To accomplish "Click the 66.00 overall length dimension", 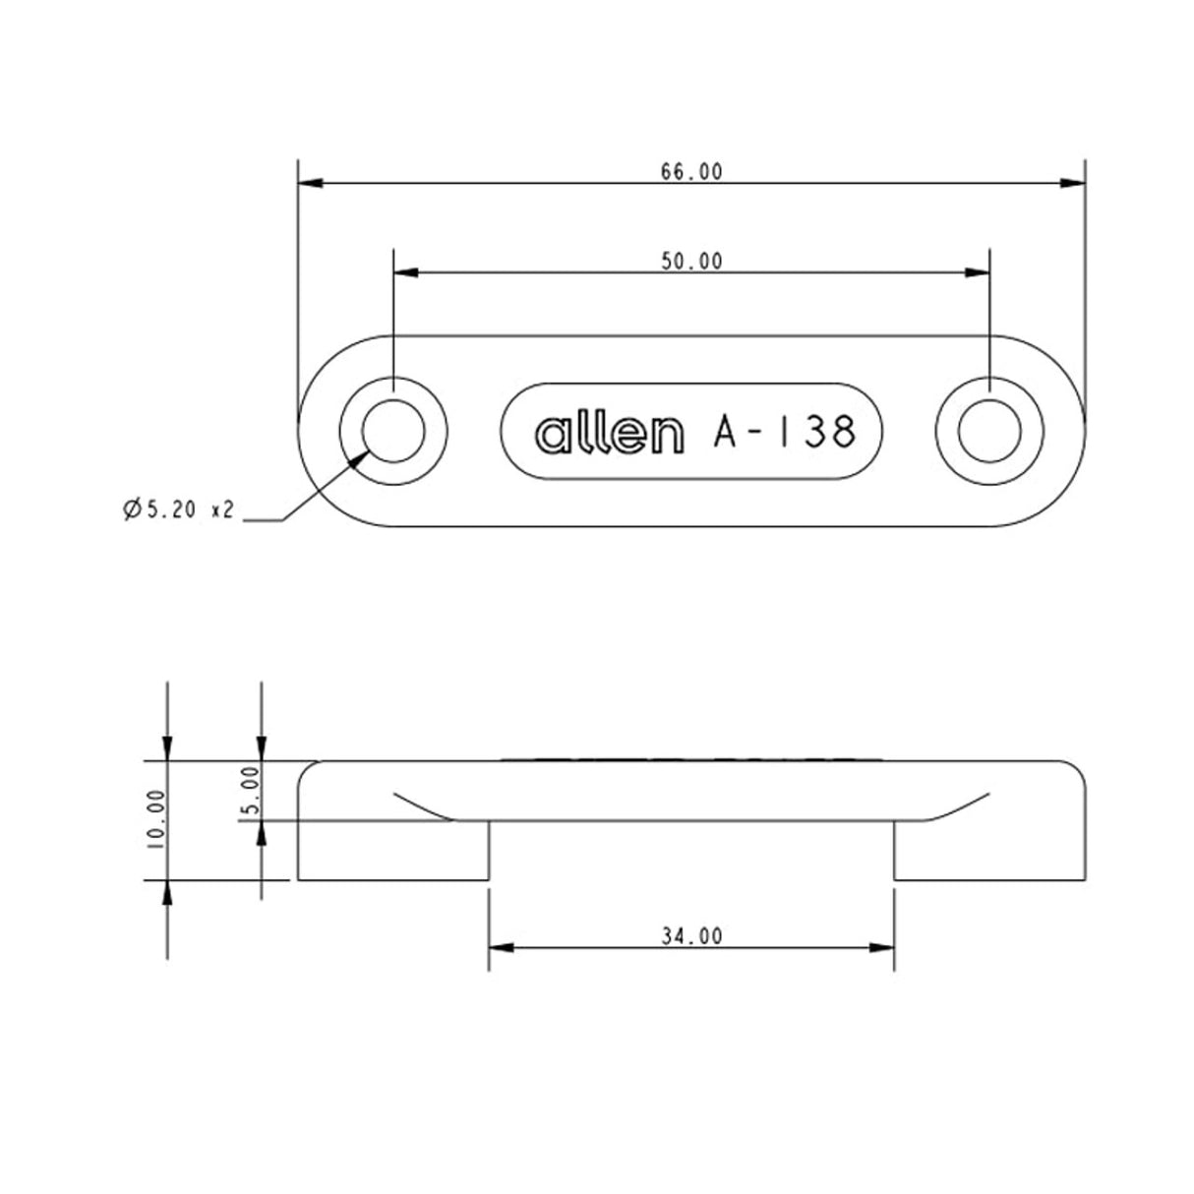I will (x=690, y=171).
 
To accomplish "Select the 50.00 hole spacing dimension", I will (x=690, y=261).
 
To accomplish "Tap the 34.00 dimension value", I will (x=690, y=936).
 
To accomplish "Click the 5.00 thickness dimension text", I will (x=250, y=791).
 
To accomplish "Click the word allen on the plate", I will (x=608, y=434).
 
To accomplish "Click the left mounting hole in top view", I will (x=393, y=432).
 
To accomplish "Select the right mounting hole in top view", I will (x=988, y=432).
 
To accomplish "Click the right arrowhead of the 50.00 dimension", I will (x=978, y=272).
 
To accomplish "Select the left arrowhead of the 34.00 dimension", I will (x=501, y=948).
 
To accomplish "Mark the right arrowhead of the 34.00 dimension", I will (x=882, y=948).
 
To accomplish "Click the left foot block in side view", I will (x=393, y=851).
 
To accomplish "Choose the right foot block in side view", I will (x=988, y=851).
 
